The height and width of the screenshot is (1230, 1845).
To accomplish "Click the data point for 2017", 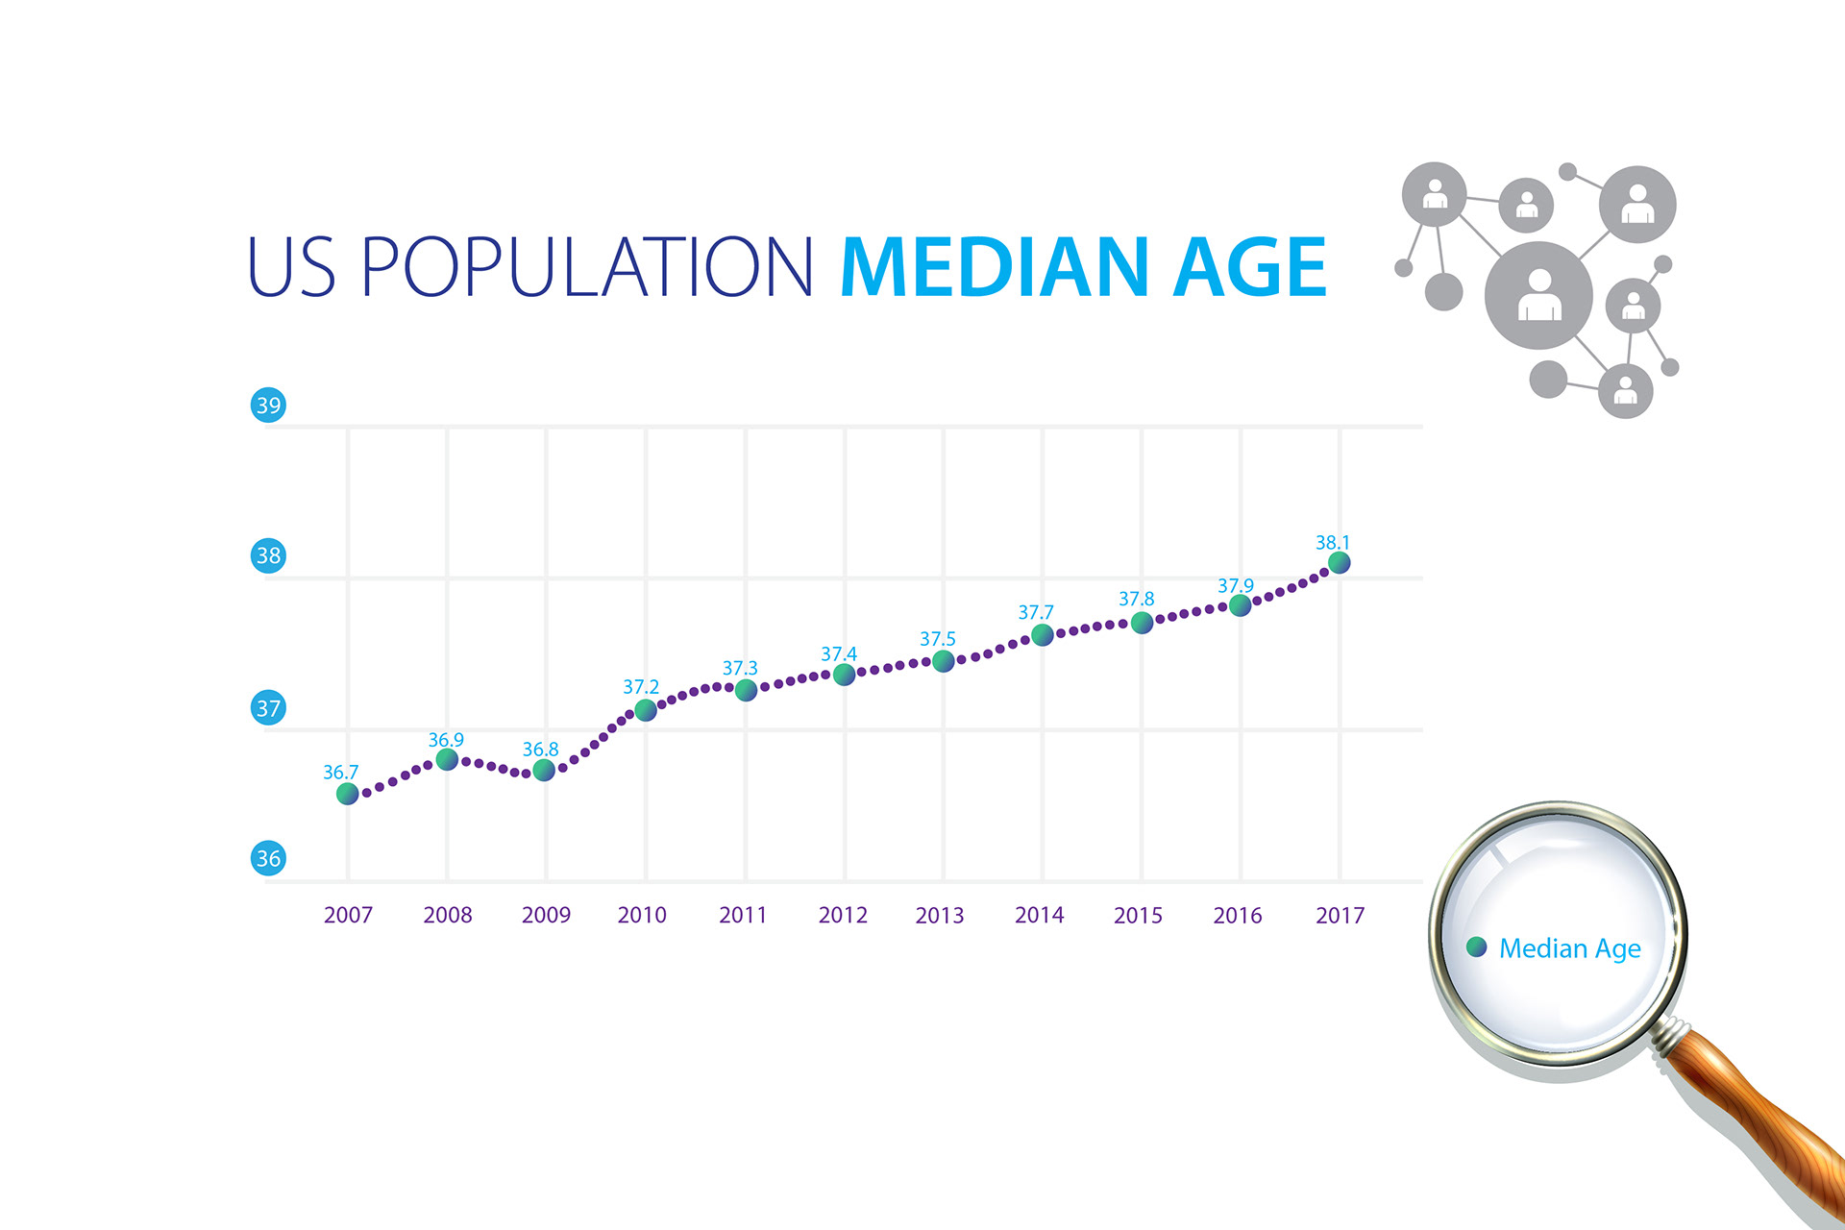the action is pos(1339,563).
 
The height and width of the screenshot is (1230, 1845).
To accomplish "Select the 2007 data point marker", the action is pos(348,794).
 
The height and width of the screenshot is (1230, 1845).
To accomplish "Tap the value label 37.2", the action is pos(641,687).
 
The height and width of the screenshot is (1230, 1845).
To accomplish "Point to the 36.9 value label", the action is pos(446,740).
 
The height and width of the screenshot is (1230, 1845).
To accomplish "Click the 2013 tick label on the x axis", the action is pos(940,915).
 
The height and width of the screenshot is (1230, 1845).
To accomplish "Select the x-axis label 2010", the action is pos(642,915).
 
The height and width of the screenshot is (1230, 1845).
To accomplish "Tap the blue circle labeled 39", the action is pos(268,405).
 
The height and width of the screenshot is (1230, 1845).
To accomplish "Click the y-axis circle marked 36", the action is pos(268,858).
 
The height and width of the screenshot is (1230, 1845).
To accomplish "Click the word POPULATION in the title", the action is pos(588,267).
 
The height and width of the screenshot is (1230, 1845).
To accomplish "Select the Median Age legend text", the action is pos(1570,949).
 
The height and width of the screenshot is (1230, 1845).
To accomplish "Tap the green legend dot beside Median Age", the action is pos(1477,947).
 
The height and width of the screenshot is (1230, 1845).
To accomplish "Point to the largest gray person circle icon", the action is pos(1538,295).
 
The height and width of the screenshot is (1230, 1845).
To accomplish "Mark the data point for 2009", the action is pos(544,770).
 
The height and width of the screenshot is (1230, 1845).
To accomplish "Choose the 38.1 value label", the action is pos(1333,543).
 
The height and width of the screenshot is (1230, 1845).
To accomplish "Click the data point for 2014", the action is pos(1043,635).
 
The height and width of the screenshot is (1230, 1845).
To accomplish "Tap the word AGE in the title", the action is pos(1250,267).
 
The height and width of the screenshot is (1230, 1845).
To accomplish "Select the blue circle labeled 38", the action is pos(268,555).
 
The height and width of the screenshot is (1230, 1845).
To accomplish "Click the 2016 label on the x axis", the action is pos(1238,915).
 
